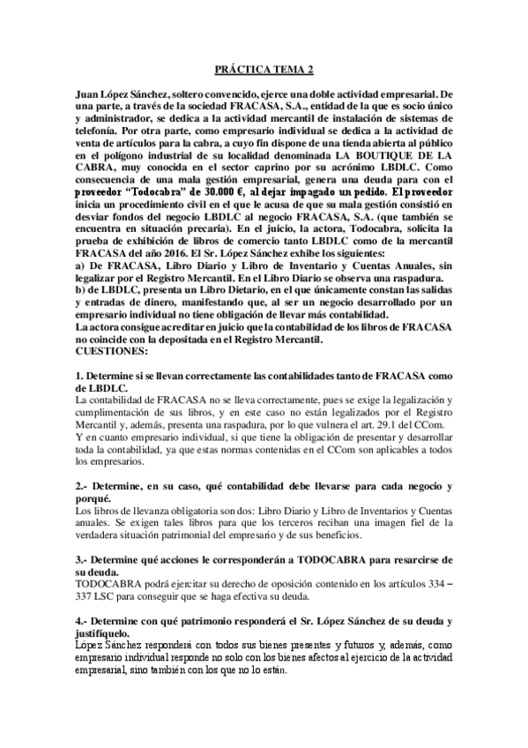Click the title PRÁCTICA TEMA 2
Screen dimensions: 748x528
pyautogui.click(x=264, y=68)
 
